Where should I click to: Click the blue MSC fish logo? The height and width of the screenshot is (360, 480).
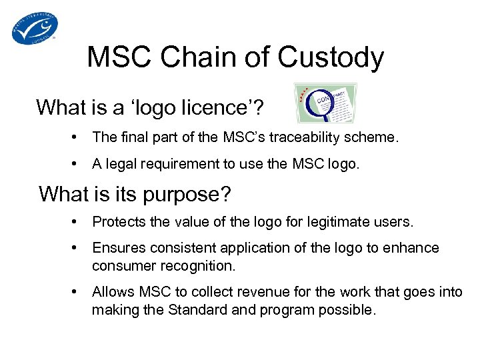35,28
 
